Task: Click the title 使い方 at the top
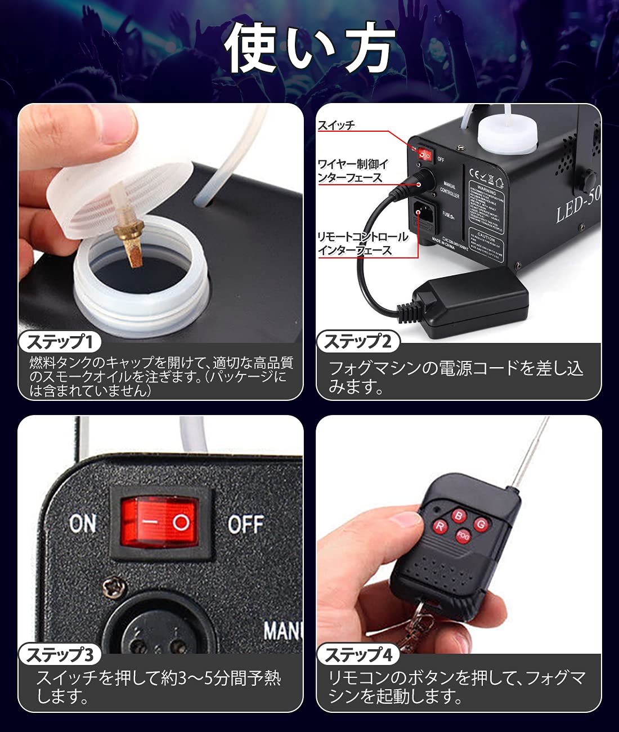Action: point(309,48)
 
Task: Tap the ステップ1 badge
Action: point(60,341)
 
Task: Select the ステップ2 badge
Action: point(358,341)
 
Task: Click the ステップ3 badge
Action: point(60,654)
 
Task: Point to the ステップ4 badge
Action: point(358,654)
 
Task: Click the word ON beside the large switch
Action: point(83,524)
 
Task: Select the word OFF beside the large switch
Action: point(245,525)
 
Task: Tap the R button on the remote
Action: point(439,526)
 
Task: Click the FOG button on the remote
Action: point(463,536)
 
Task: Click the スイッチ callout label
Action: point(337,125)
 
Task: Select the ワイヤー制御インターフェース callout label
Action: point(352,171)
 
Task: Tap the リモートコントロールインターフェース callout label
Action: point(362,243)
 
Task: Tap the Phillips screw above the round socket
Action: point(115,588)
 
